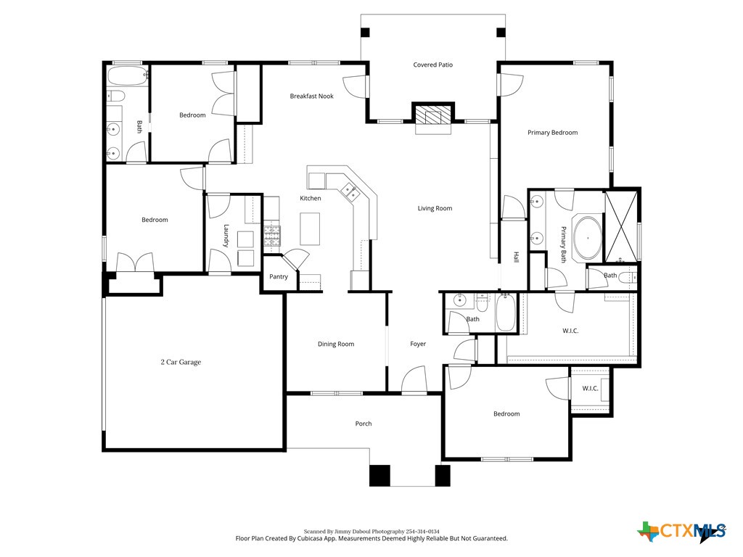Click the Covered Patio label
(x=432, y=65)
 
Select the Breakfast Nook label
(x=311, y=96)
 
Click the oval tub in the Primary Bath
(x=586, y=237)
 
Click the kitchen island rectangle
(x=311, y=230)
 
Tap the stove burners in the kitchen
(x=272, y=234)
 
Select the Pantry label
(x=279, y=276)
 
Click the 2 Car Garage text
(x=181, y=362)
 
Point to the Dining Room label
(x=336, y=344)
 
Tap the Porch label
(x=364, y=424)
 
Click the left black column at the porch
(x=379, y=475)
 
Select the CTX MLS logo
(x=681, y=532)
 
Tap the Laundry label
(x=226, y=236)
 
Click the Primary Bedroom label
(x=552, y=133)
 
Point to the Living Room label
(x=435, y=209)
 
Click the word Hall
(x=517, y=257)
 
